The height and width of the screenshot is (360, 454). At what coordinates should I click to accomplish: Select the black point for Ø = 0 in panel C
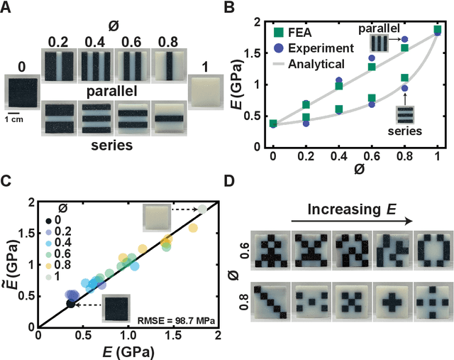70,303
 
